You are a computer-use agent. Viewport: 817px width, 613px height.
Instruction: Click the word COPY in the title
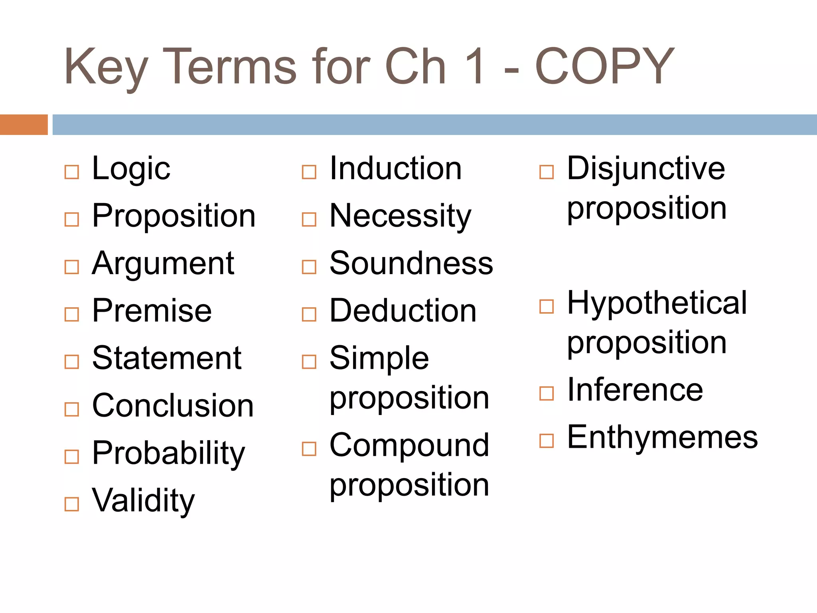pyautogui.click(x=604, y=66)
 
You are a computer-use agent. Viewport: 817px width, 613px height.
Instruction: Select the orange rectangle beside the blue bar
pyautogui.click(x=24, y=125)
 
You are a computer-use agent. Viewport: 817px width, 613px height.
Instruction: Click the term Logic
pyautogui.click(x=131, y=168)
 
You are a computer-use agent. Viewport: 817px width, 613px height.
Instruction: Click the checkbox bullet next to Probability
pyautogui.click(x=72, y=457)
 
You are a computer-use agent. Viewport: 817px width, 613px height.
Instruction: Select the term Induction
pyautogui.click(x=395, y=168)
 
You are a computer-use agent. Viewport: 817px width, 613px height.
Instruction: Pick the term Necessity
pyautogui.click(x=400, y=216)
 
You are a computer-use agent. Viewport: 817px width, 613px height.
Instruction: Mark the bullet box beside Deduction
pyautogui.click(x=309, y=314)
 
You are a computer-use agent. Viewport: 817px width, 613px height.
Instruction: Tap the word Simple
pyautogui.click(x=379, y=358)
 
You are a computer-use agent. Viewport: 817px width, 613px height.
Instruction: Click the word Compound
pyautogui.click(x=409, y=445)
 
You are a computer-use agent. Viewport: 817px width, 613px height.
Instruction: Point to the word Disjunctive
pyautogui.click(x=646, y=168)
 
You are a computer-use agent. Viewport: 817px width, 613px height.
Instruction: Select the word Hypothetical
pyautogui.click(x=657, y=303)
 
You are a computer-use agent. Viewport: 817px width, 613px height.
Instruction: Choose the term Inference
pyautogui.click(x=635, y=390)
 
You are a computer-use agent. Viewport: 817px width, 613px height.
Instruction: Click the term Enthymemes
pyautogui.click(x=662, y=437)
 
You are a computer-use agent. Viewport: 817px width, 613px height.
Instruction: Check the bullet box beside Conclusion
pyautogui.click(x=72, y=409)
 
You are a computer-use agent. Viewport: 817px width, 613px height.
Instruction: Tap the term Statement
pyautogui.click(x=167, y=358)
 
